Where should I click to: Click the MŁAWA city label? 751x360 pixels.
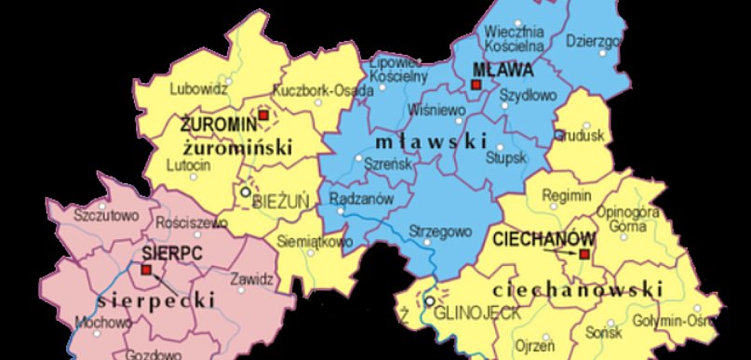[503, 70]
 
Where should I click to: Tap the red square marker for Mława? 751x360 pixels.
[476, 85]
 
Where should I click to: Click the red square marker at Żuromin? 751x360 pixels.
[262, 114]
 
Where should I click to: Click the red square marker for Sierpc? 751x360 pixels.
[145, 270]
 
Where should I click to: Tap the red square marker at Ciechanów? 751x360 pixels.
[584, 253]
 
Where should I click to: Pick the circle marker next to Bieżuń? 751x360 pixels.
[246, 192]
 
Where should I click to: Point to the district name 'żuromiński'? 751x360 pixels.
[236, 147]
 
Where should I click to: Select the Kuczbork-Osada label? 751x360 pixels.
[323, 91]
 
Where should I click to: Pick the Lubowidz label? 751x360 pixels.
[200, 90]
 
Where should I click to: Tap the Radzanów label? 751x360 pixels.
[363, 198]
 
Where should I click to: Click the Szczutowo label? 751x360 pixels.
[105, 216]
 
